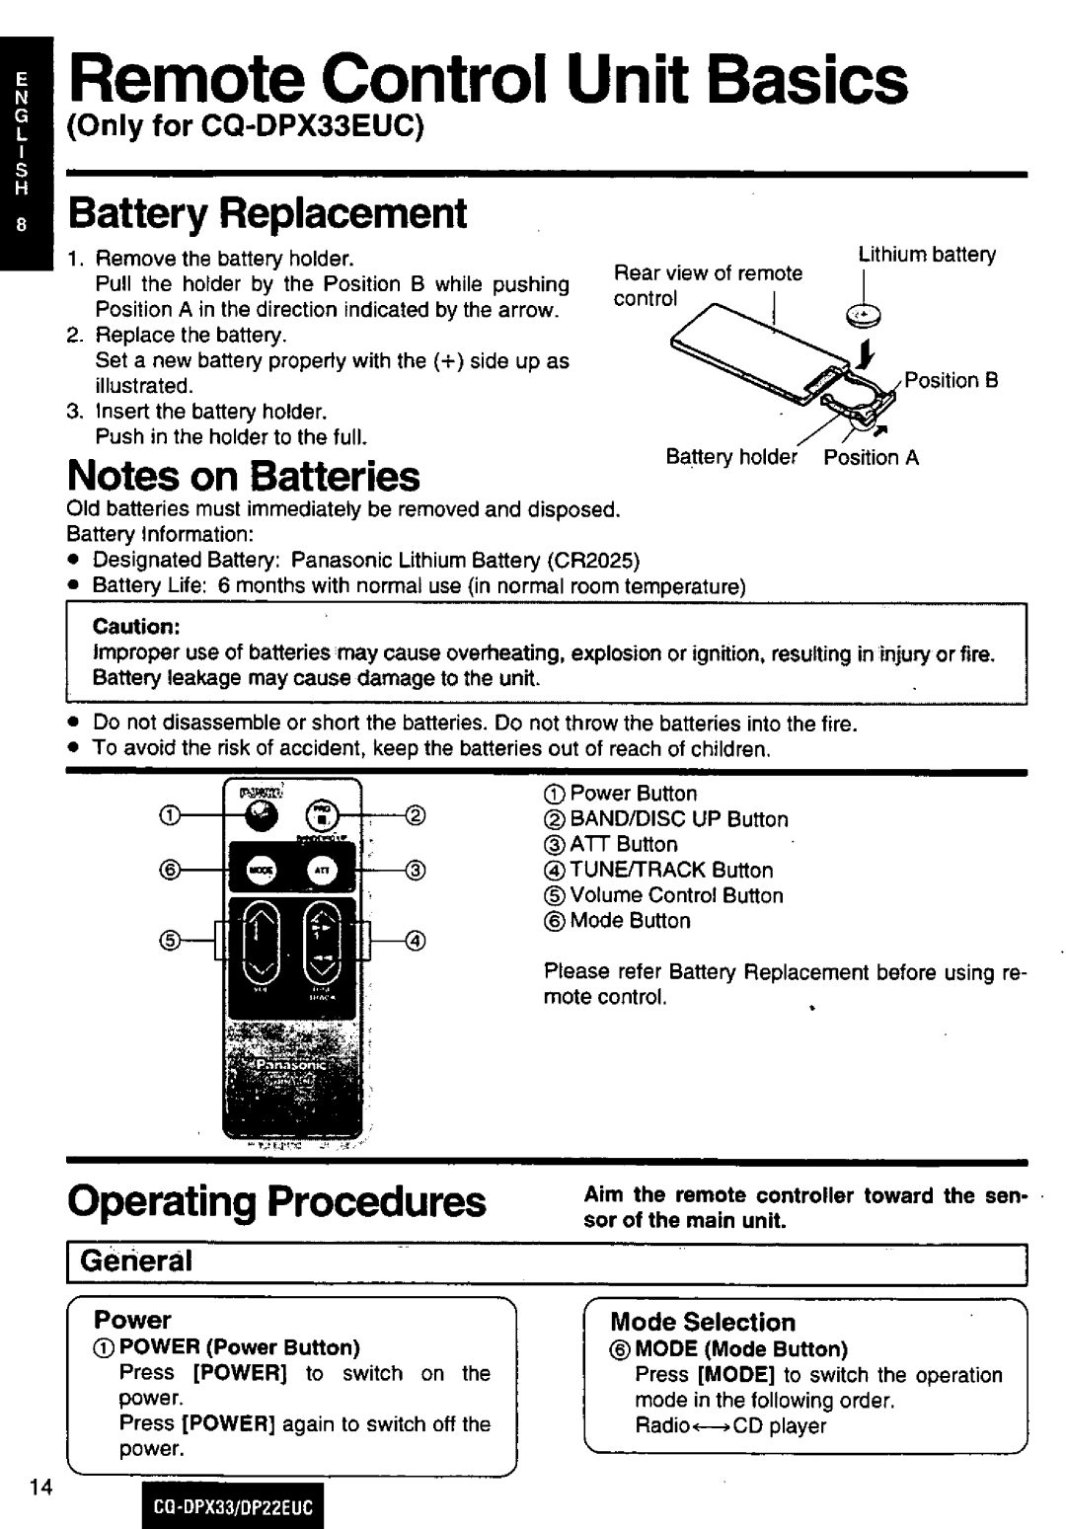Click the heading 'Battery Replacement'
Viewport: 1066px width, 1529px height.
(266, 213)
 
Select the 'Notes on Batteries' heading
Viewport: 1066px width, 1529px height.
(243, 477)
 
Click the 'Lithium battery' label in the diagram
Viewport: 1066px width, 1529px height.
(927, 255)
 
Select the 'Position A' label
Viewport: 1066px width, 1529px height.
(872, 457)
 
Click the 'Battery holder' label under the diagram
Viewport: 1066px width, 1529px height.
(730, 457)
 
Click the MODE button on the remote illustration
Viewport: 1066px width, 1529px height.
(261, 870)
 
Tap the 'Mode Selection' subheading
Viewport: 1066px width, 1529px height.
(703, 1322)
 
